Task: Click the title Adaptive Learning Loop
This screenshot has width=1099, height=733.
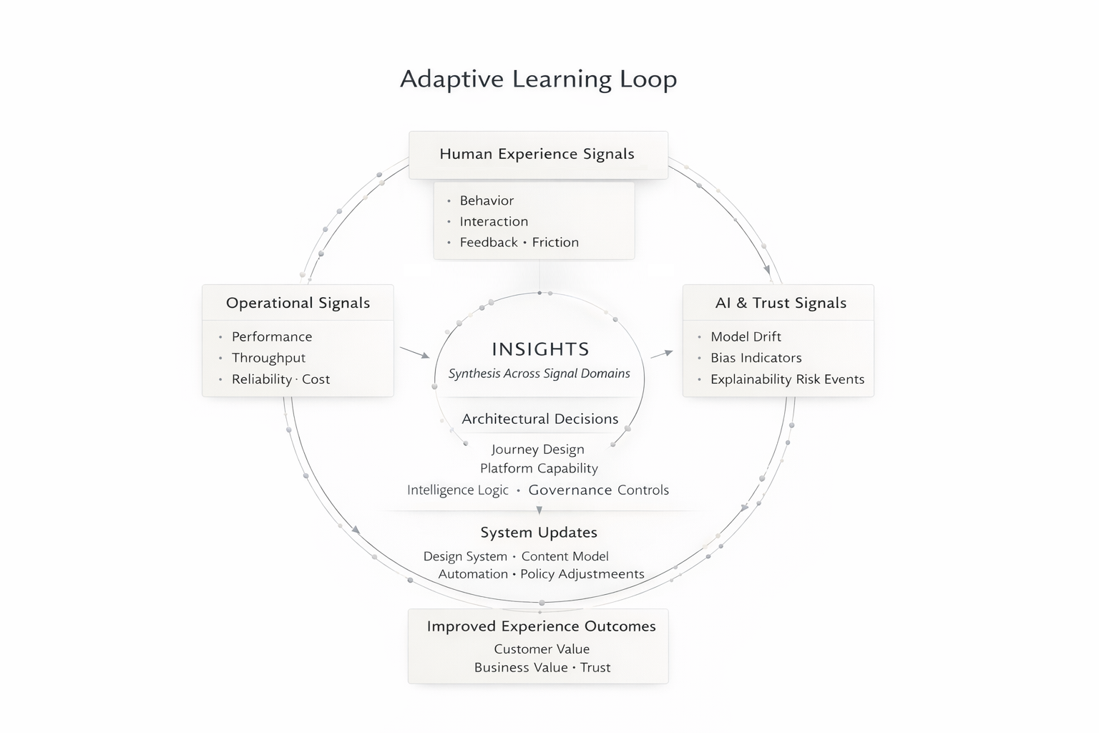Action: (x=538, y=79)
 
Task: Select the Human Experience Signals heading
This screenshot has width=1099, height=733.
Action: (x=537, y=154)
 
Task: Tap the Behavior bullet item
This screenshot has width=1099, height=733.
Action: (x=487, y=201)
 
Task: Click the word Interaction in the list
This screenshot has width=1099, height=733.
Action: (x=494, y=222)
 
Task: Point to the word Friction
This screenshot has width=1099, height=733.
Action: (x=555, y=243)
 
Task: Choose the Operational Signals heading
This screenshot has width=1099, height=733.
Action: (x=298, y=303)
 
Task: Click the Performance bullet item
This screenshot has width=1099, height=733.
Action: (x=272, y=337)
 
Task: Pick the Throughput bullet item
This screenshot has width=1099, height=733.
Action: (x=268, y=358)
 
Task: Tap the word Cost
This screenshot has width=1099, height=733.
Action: (x=316, y=379)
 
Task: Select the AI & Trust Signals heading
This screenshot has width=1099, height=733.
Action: (x=781, y=303)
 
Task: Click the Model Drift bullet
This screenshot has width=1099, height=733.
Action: (x=746, y=337)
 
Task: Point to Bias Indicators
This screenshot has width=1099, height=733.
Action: (x=756, y=358)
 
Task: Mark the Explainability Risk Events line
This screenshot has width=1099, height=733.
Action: (x=787, y=379)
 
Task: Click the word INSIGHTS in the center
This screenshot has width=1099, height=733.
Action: (x=540, y=349)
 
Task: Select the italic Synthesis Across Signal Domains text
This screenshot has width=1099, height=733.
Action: (x=539, y=374)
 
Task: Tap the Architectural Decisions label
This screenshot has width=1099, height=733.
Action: (x=539, y=419)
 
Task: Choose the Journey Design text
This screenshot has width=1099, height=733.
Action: (x=538, y=450)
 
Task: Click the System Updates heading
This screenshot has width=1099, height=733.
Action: (x=539, y=533)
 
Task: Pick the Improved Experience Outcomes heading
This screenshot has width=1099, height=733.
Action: (x=541, y=626)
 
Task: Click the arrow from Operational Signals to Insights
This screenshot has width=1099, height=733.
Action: (x=415, y=352)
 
